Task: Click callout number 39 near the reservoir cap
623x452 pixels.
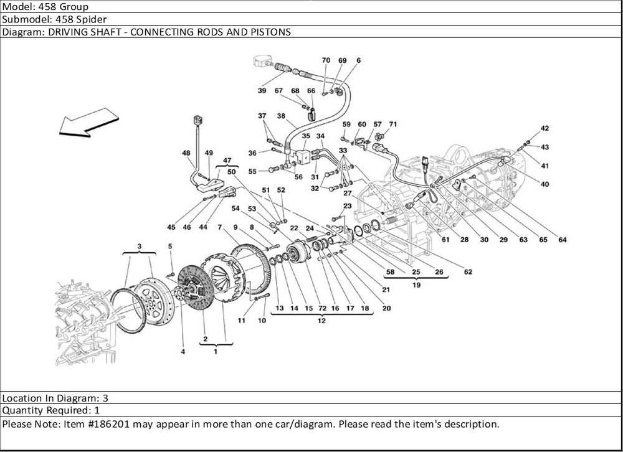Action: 262,91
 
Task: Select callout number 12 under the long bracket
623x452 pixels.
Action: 321,322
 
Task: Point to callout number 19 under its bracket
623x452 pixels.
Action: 416,286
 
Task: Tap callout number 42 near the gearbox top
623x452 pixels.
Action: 545,128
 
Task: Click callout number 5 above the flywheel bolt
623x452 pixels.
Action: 169,247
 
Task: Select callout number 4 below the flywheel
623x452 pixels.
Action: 183,352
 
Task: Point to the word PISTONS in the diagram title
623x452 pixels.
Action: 271,32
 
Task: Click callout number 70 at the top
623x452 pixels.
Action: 325,60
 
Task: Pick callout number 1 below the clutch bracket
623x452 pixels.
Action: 216,352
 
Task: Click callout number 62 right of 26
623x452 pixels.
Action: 468,272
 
